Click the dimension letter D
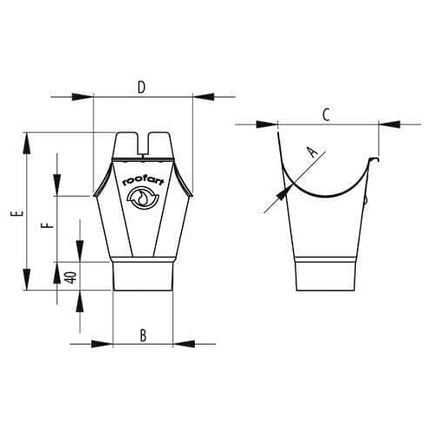tap(141, 88)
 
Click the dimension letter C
tap(326, 115)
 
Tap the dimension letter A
tap(312, 151)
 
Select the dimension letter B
tap(143, 336)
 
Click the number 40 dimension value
tap(71, 278)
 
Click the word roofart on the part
tap(144, 182)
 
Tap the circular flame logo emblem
tap(143, 197)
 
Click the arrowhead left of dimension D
tap(83, 97)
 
